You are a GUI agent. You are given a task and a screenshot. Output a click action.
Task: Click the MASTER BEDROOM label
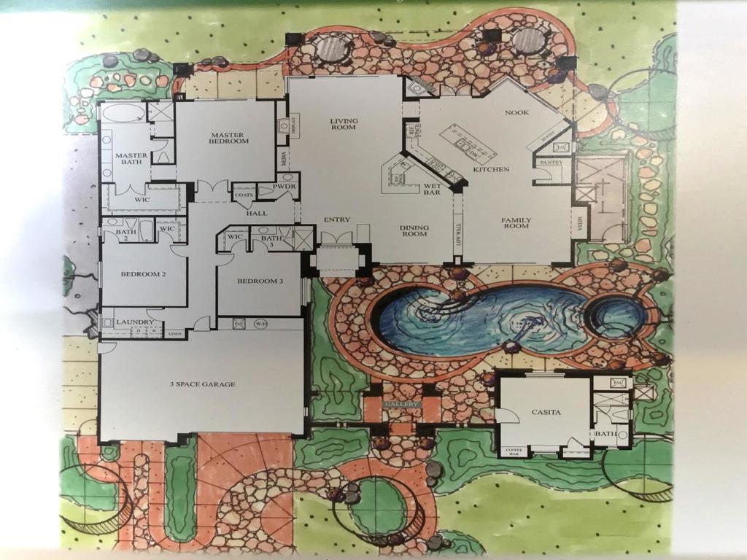click(x=227, y=139)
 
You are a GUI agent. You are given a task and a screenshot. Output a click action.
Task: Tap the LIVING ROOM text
click(x=343, y=124)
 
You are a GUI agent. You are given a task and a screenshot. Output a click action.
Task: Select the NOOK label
click(x=517, y=113)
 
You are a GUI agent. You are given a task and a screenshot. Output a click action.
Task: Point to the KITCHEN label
click(x=491, y=169)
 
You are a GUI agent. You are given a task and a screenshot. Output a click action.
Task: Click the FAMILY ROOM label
click(x=516, y=223)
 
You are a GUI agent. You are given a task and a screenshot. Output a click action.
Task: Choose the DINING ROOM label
click(x=414, y=231)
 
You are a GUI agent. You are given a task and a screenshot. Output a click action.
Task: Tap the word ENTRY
click(x=336, y=219)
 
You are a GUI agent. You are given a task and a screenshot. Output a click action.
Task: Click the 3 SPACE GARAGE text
click(x=202, y=384)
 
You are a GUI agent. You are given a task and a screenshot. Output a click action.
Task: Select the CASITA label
click(x=546, y=413)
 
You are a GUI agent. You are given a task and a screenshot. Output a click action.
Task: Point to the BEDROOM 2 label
click(x=144, y=274)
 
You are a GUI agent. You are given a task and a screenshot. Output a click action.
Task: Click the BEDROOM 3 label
click(x=260, y=281)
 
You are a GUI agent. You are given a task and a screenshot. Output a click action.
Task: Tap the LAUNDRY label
click(x=134, y=322)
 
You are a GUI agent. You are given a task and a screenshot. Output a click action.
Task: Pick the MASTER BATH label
click(x=131, y=160)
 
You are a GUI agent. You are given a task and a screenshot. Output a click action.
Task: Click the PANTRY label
click(x=550, y=163)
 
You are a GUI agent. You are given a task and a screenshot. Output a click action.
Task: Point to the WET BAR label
click(x=430, y=191)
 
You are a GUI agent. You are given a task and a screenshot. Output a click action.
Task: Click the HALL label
click(x=256, y=213)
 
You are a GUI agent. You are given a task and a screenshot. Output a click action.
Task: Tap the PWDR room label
click(x=284, y=187)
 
